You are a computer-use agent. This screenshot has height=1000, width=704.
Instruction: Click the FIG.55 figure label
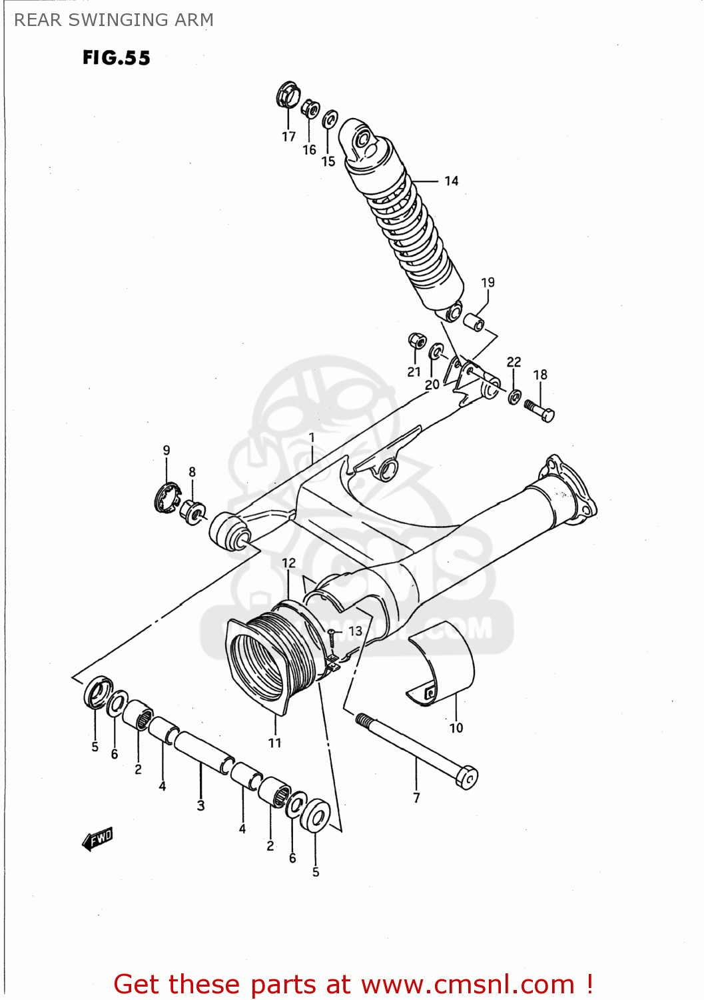(x=116, y=58)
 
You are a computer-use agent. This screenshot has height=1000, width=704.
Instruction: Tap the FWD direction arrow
(x=98, y=839)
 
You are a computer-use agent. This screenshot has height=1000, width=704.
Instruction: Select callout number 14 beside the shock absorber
(x=452, y=181)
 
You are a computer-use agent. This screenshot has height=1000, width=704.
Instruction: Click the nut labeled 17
(x=288, y=95)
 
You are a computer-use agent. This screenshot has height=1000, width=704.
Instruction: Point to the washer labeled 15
(x=330, y=120)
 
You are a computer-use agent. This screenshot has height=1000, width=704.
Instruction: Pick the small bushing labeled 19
(x=474, y=323)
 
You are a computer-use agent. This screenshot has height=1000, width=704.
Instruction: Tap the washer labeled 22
(x=515, y=397)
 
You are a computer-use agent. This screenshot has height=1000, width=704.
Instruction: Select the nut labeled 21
(x=417, y=341)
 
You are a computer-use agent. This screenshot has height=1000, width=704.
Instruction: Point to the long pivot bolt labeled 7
(x=416, y=751)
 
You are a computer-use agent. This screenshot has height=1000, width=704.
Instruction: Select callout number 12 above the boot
(x=288, y=563)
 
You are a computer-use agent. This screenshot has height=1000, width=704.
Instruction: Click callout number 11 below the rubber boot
(x=275, y=743)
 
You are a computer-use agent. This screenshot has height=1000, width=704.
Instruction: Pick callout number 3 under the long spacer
(x=200, y=805)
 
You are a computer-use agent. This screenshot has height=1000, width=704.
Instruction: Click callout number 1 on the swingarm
(x=311, y=438)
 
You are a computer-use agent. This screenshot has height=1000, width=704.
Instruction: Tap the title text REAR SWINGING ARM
(x=114, y=20)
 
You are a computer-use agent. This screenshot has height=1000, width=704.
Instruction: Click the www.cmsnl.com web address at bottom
(x=467, y=984)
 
